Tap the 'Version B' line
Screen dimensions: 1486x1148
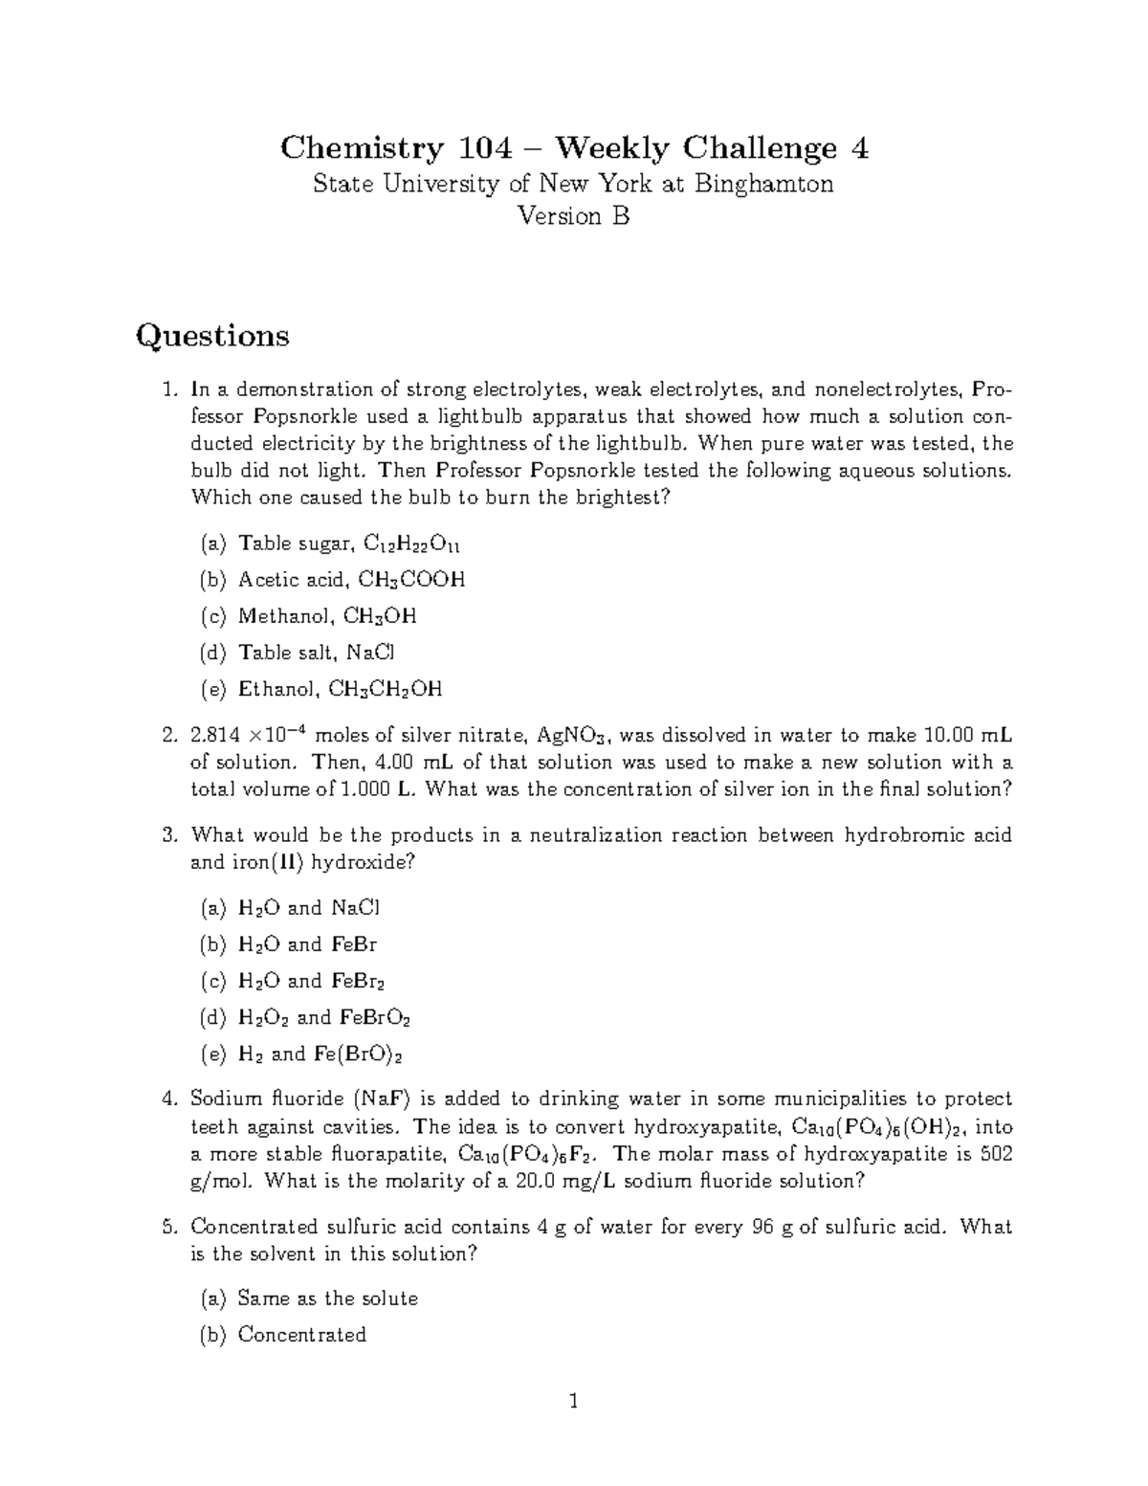(x=573, y=216)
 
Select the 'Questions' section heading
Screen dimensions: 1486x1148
(x=212, y=336)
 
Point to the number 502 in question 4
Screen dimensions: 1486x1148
(x=997, y=1153)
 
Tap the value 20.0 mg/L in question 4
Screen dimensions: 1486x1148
(x=565, y=1181)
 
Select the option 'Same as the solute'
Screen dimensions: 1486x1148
(x=327, y=1298)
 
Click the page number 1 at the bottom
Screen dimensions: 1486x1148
(x=574, y=1403)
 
